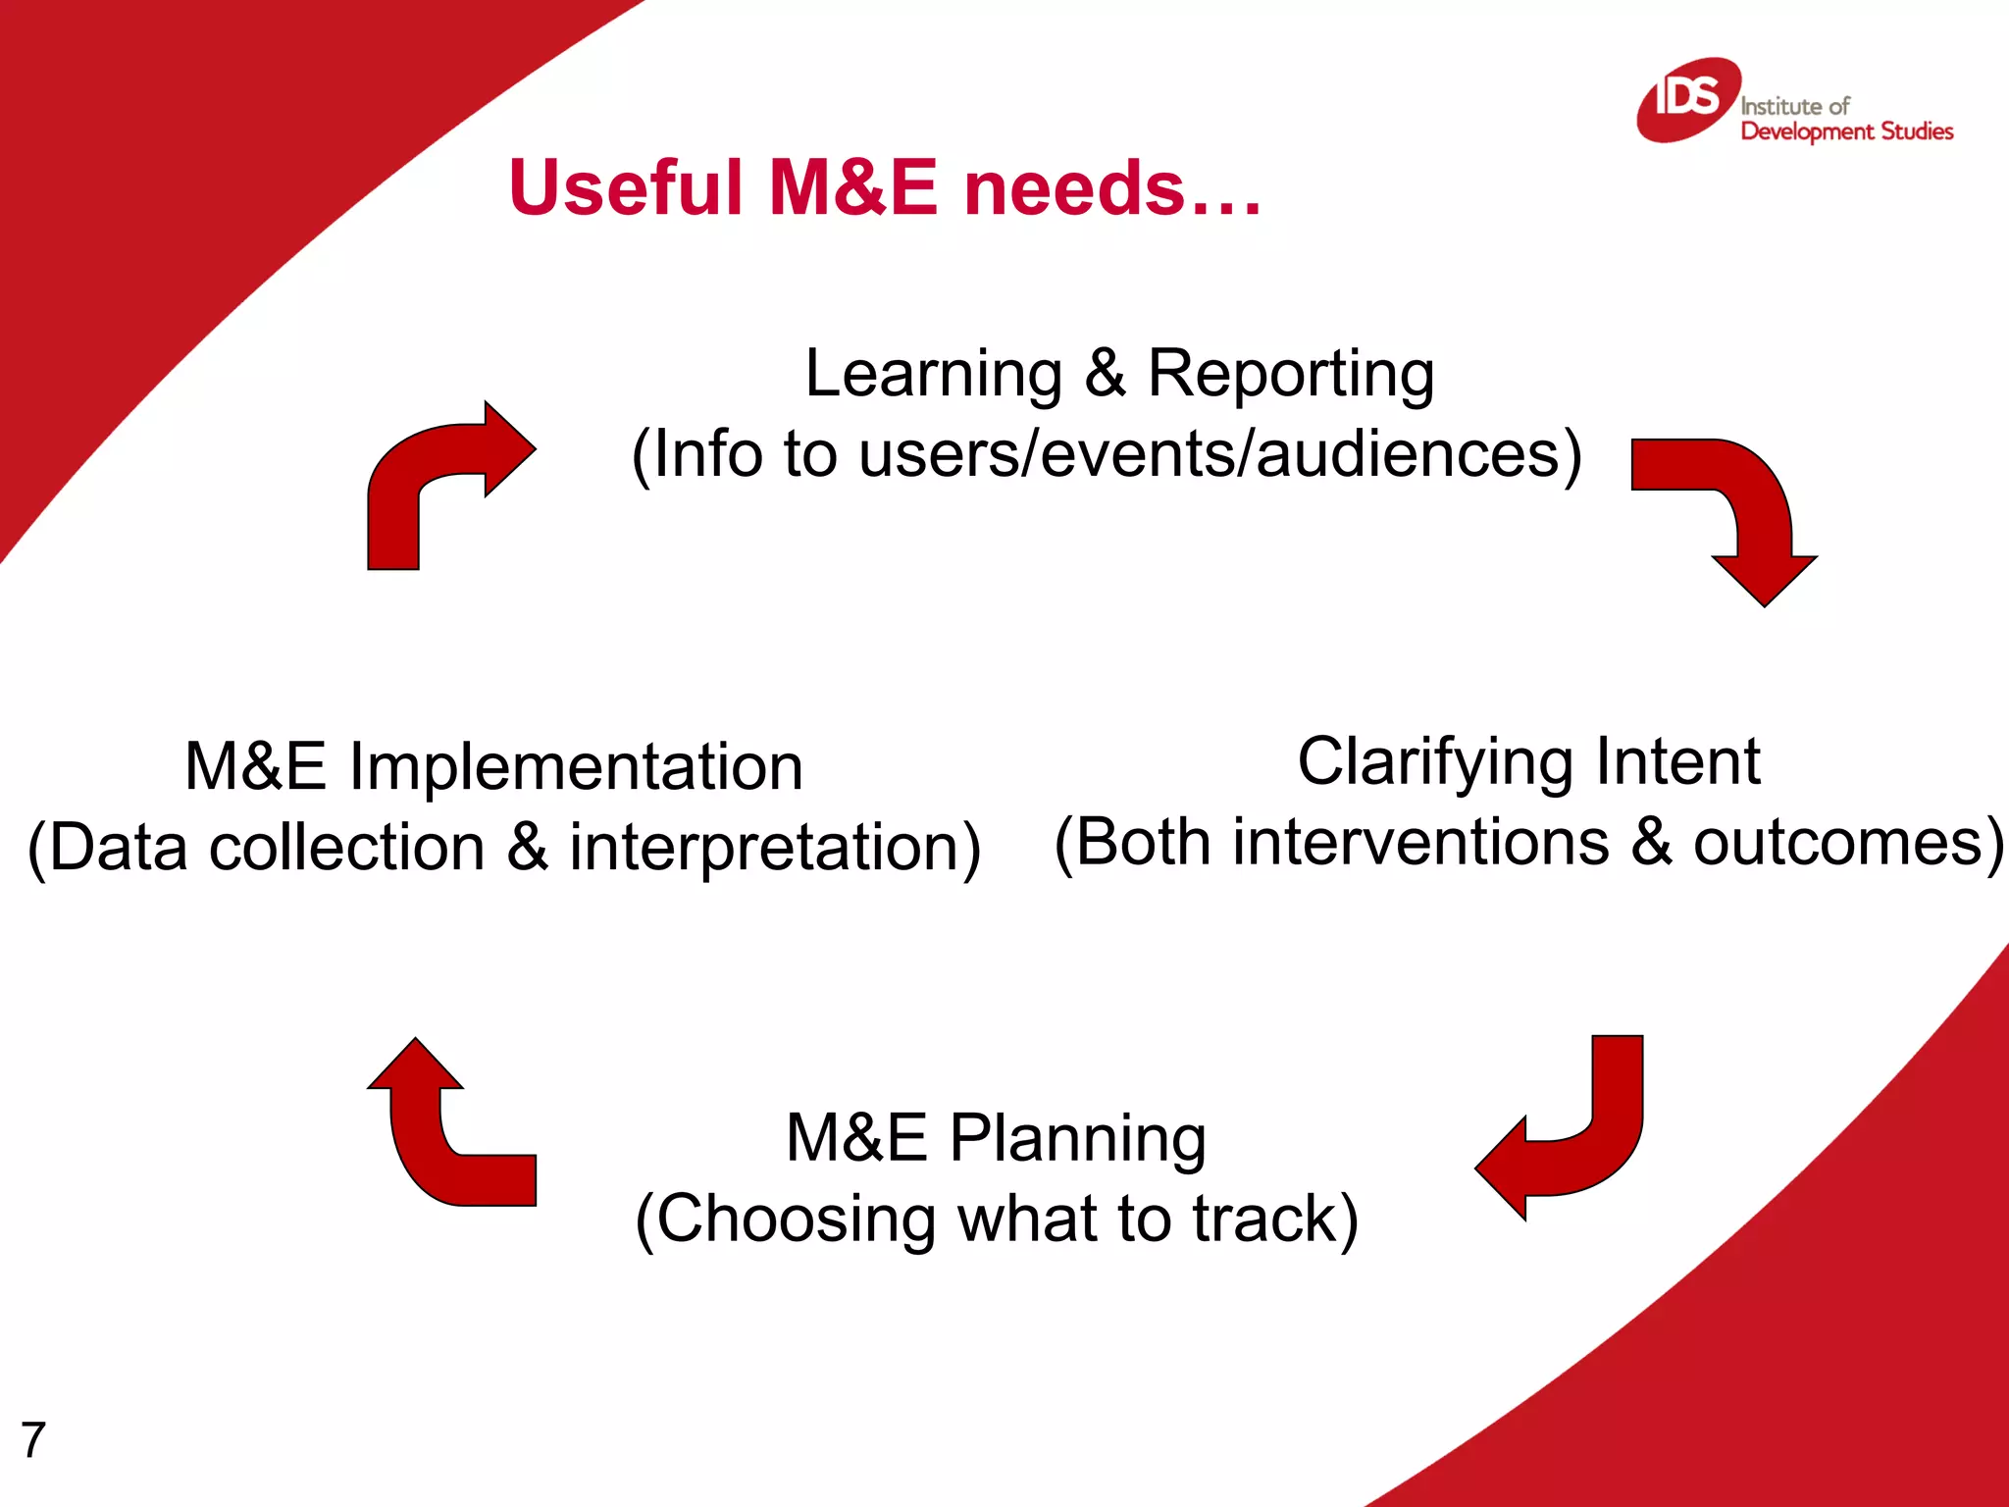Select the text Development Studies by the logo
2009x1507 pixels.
coord(1846,131)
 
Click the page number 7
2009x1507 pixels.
coord(33,1440)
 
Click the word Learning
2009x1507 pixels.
coord(933,376)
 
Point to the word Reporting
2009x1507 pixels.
coord(1290,376)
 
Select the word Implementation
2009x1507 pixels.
coord(576,767)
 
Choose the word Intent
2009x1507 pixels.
coord(1677,761)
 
